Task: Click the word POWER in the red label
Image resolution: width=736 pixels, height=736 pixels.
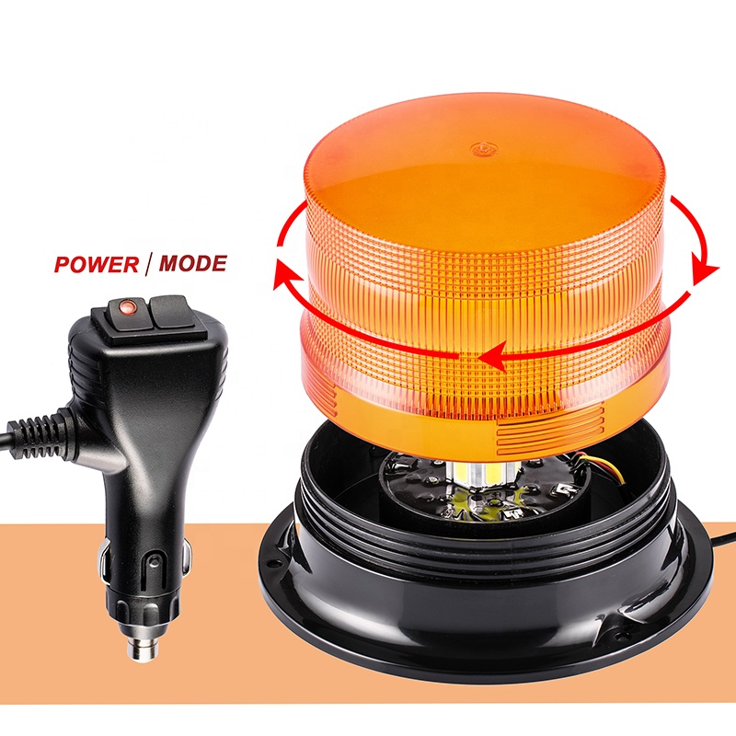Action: (x=95, y=265)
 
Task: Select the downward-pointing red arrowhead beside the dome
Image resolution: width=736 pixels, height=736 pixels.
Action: (x=707, y=269)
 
